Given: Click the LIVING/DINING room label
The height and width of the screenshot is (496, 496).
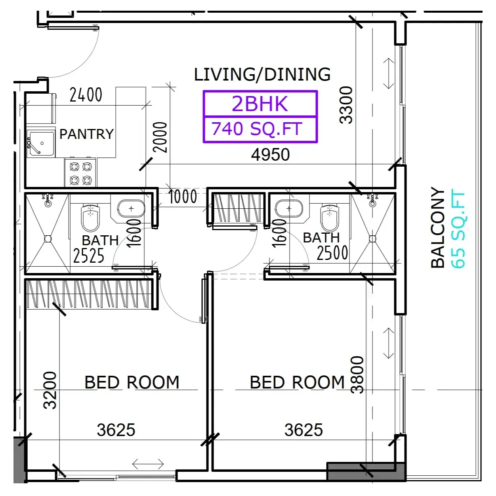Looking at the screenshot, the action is coord(262,74).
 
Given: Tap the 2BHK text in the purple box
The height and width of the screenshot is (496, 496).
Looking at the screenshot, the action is coord(260,104).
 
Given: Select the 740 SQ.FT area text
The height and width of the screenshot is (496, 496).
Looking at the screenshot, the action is coord(257,129).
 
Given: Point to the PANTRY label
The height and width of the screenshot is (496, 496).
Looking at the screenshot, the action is coord(86,134).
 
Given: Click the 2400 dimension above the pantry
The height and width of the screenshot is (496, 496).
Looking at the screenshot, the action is coord(86,95).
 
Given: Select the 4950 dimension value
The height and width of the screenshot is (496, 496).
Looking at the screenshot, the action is coord(270,155).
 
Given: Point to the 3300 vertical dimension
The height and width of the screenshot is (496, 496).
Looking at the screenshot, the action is coord(346,105).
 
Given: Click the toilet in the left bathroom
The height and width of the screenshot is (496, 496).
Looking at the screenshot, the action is coord(90,217).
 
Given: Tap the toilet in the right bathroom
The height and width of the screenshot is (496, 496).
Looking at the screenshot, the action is coord(330,217).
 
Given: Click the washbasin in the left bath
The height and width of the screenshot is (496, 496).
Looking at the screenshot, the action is coord(131,208).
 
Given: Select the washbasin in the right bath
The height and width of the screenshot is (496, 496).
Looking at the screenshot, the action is coord(289,208).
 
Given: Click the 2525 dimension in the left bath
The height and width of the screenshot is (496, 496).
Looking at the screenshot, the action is coord(89,256).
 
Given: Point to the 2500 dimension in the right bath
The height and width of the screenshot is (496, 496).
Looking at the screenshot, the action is coord(332,253).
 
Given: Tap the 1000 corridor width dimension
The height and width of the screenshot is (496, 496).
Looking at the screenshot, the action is coord(183,196).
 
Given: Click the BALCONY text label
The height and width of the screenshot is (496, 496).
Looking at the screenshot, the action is coord(438,227).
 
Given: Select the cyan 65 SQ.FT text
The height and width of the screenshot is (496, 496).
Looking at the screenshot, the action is coord(458,229).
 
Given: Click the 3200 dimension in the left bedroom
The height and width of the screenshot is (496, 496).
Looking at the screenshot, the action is coord(50,390).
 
